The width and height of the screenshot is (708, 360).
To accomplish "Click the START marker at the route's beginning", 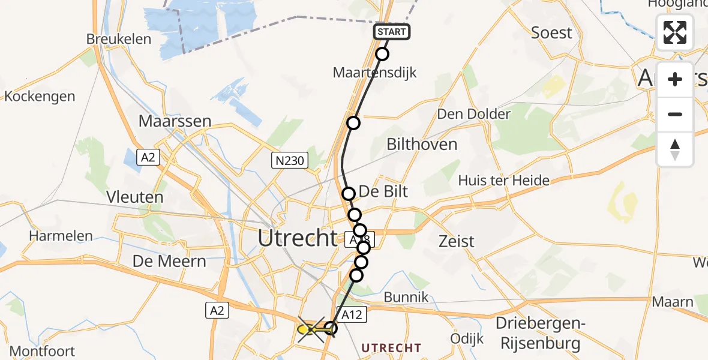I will tap(392, 32).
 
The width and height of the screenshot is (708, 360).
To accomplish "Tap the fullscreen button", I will tap(675, 32).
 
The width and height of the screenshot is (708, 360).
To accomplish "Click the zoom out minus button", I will tap(675, 114).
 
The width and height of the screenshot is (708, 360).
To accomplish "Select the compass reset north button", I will tap(675, 149).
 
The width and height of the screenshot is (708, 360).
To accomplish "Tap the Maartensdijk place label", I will tap(374, 73).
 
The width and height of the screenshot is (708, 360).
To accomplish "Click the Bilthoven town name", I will tap(422, 144).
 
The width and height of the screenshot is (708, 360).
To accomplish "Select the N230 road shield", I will tap(290, 160).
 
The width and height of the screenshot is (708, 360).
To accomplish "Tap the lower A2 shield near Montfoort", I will tap(217, 310).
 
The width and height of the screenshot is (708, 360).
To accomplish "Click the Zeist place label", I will tap(456, 241).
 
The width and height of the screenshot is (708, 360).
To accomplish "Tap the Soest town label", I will tap(551, 32).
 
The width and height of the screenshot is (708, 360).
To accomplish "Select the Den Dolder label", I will tap(474, 114).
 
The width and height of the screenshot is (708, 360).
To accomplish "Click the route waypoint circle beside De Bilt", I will tap(349, 194).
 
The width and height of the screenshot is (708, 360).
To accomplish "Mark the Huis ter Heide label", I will tap(503, 180).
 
